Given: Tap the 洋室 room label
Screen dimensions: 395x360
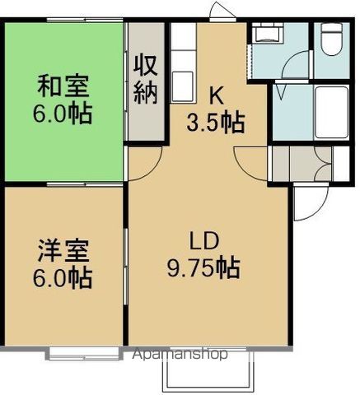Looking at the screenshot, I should point(63,248).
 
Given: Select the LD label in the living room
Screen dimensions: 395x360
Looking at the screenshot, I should point(203,242).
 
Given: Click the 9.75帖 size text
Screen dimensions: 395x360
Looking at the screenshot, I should point(203,268).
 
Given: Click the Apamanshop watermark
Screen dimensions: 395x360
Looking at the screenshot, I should point(180,355).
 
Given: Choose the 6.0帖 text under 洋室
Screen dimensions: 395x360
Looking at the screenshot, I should point(63,276).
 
